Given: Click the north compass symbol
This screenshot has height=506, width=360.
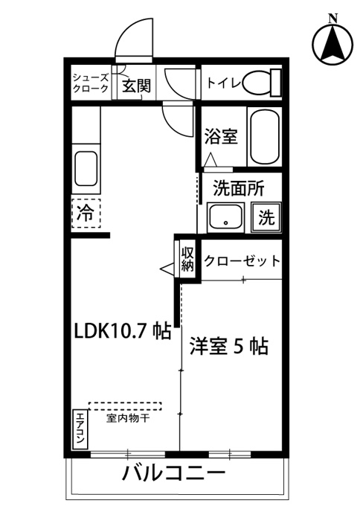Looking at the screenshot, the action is (x=332, y=42).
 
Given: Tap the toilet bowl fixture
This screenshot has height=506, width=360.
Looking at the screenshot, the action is (x=262, y=83).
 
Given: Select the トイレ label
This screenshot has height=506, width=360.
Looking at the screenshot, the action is (x=224, y=83).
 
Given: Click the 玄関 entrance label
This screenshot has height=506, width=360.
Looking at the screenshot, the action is (x=136, y=86).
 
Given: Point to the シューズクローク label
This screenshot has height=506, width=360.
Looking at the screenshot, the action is (x=90, y=83).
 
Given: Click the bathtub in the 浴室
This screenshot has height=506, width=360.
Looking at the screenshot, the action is (x=265, y=138).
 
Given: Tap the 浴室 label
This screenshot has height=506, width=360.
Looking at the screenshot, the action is (x=221, y=136).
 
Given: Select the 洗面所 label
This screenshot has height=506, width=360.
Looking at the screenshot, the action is (x=239, y=188).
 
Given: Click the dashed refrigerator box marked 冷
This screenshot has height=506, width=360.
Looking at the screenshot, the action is (x=86, y=214).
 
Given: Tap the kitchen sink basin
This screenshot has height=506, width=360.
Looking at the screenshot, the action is (x=86, y=168).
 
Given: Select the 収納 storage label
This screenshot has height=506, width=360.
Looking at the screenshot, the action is (x=187, y=260).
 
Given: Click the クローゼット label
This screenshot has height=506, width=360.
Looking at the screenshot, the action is (x=242, y=260).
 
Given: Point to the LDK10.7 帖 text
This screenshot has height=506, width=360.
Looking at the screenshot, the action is (x=123, y=331).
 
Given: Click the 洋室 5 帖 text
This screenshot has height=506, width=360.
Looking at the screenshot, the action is (x=228, y=346).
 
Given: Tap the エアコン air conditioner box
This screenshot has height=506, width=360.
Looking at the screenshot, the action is (x=80, y=430).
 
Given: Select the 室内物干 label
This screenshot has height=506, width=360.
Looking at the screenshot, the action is (x=128, y=419).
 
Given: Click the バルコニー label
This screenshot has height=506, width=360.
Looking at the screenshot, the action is (x=174, y=474).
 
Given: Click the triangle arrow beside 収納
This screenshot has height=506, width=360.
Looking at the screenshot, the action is (x=167, y=269).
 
